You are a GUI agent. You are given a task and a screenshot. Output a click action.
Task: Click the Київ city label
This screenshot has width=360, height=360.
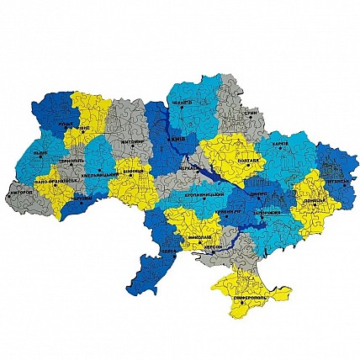[177, 140]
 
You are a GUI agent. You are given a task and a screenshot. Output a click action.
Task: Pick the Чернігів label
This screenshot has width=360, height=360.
[182, 107]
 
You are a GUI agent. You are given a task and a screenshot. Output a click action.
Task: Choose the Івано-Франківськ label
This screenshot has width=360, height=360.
[56, 182]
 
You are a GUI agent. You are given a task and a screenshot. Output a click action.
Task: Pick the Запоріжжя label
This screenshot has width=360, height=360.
[267, 214]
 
